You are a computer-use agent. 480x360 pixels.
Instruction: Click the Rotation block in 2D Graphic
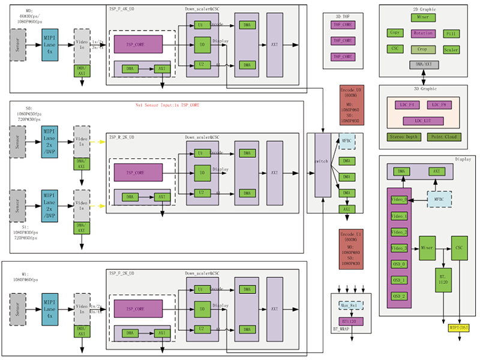[423, 34]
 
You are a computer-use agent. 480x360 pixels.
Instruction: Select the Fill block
[451, 34]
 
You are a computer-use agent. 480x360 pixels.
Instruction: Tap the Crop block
[423, 49]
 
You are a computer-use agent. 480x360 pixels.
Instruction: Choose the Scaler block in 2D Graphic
[451, 50]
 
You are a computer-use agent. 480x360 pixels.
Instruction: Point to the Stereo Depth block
[404, 137]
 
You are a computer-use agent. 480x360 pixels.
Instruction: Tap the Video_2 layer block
[399, 232]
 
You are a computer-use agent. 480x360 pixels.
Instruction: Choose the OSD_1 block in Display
[399, 280]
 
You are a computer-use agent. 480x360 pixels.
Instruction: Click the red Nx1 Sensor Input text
[167, 105]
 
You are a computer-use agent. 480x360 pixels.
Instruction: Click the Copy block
[394, 34]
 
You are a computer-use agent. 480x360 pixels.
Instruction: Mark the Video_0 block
[399, 199]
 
